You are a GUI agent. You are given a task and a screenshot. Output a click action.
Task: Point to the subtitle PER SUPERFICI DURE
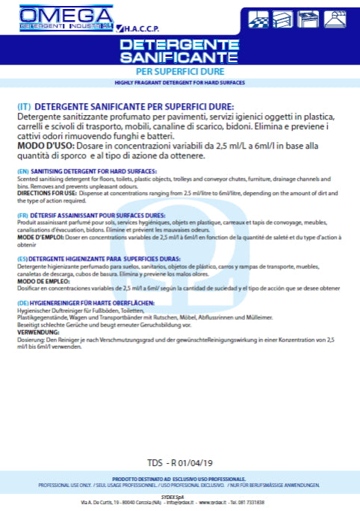[179, 71]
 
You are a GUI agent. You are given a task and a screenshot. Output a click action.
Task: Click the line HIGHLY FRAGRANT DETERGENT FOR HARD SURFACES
[180, 82]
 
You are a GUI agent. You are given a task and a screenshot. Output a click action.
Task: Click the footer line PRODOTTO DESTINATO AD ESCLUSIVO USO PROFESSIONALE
[180, 477]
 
